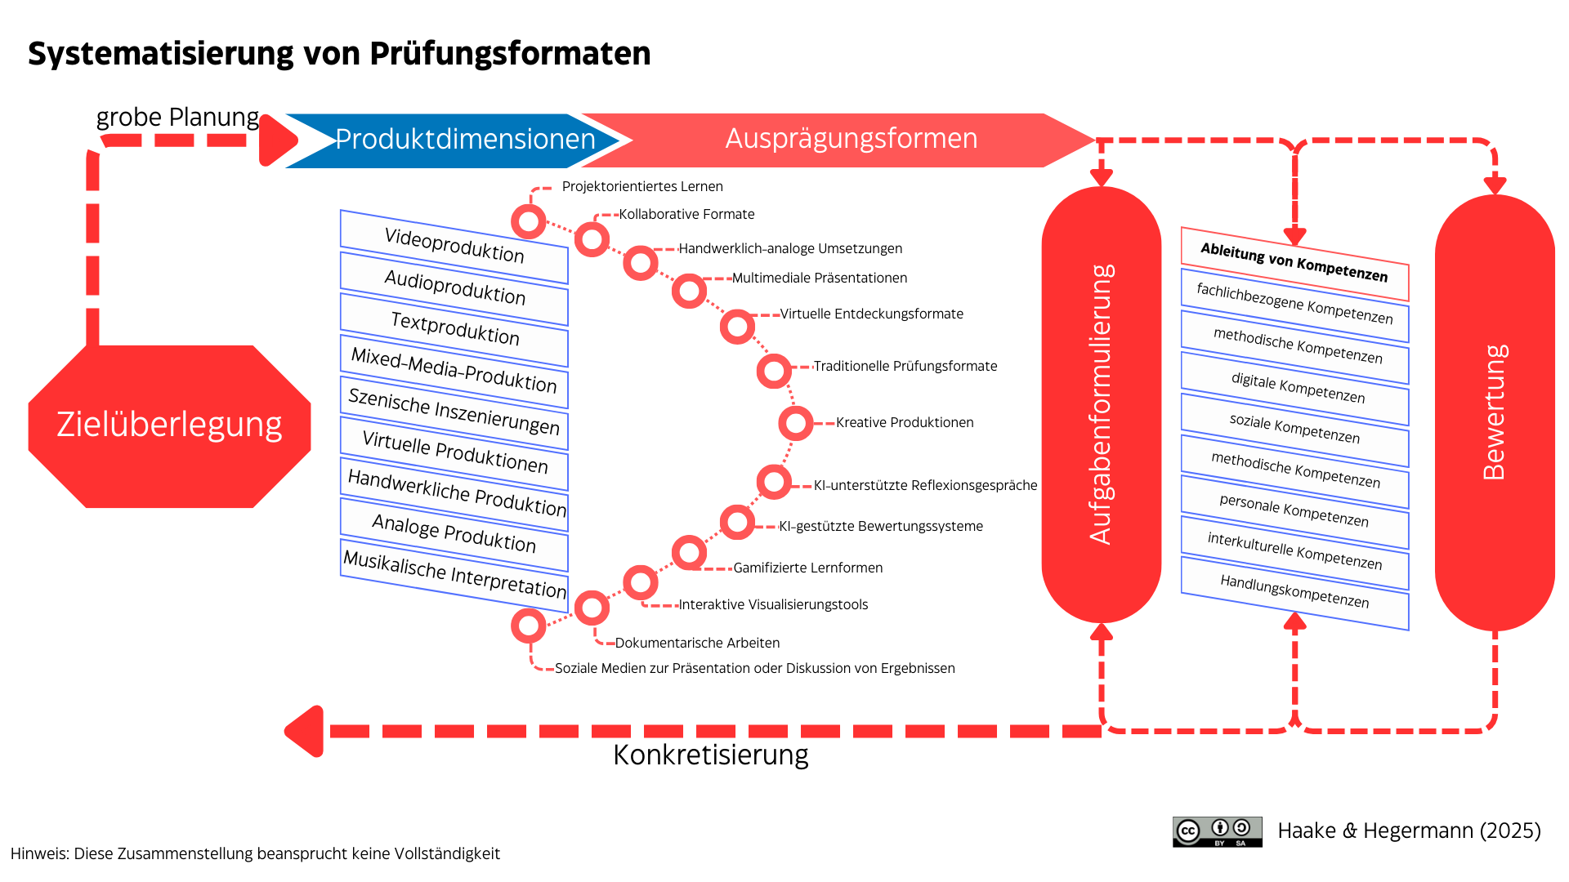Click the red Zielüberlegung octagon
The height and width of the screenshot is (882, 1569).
pos(169,425)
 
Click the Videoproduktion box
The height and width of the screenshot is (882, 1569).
pos(454,247)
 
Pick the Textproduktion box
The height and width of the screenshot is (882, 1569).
pos(454,329)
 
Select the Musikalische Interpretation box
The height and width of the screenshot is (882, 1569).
pos(454,575)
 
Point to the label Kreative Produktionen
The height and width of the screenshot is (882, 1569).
pos(905,422)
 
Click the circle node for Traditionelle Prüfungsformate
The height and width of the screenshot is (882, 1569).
pos(773,372)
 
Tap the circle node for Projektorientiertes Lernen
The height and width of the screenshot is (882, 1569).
pos(528,221)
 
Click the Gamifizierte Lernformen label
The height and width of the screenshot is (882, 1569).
pos(807,568)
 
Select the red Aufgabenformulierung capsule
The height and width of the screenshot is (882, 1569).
pos(1101,404)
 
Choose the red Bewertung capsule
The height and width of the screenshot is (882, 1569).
pos(1495,412)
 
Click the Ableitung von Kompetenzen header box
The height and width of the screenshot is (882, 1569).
pos(1294,264)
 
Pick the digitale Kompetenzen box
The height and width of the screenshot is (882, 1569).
pos(1294,388)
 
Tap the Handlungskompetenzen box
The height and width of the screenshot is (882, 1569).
pos(1294,593)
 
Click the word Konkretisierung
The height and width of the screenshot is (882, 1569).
pos(711,755)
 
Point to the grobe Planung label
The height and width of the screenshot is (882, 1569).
pos(177,118)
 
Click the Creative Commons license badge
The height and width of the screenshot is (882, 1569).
pos(1217,832)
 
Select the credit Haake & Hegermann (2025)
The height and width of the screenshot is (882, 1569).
pos(1409,831)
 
